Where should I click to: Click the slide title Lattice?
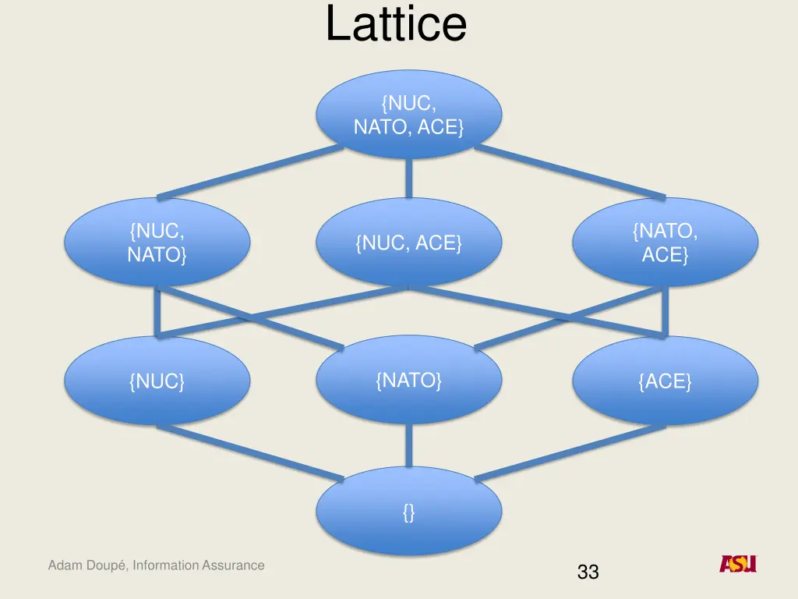[396, 24]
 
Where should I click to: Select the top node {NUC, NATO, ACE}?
[408, 114]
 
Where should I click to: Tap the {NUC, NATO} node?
[157, 242]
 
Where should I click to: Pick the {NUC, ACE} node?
[408, 243]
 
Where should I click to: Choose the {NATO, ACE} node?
[665, 242]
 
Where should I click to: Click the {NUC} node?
[157, 381]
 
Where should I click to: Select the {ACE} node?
[665, 381]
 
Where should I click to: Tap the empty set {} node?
[408, 512]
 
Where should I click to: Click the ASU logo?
[737, 564]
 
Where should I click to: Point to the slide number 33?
[588, 572]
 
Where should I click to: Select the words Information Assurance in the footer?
[199, 565]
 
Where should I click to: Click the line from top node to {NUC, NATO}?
[249, 171]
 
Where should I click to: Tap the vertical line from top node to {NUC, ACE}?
[408, 178]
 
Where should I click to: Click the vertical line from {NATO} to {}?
[408, 447]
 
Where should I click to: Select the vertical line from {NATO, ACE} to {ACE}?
[665, 310]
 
